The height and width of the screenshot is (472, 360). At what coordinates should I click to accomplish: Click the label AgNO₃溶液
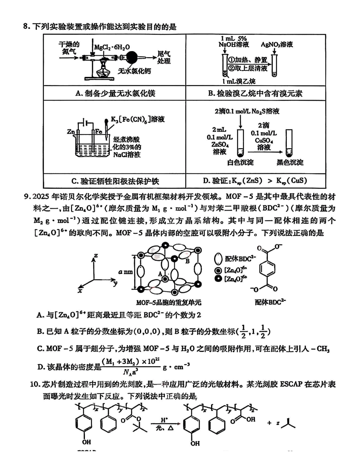point(277,44)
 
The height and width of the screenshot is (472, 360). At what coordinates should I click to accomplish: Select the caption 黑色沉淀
point(290,163)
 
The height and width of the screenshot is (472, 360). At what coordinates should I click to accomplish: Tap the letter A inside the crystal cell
point(160,273)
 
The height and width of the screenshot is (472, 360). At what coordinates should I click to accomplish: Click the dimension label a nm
point(125,272)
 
